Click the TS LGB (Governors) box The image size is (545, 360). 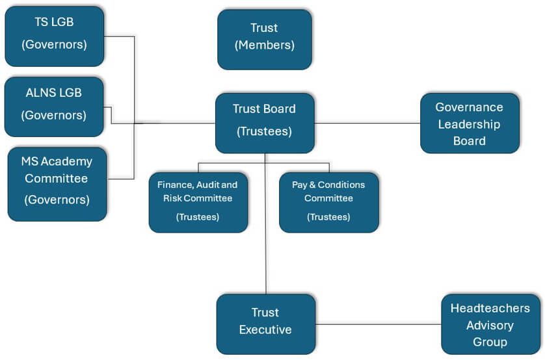[54, 36]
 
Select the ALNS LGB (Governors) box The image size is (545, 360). [54, 107]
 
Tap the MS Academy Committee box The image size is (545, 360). [57, 184]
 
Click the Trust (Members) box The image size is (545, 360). [264, 39]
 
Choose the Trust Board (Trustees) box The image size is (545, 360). [265, 123]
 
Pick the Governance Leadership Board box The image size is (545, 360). [470, 123]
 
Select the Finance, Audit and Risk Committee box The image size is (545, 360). [198, 203]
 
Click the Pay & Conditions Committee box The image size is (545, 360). [328, 203]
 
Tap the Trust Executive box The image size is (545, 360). [265, 323]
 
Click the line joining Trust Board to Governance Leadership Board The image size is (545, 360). [367, 123]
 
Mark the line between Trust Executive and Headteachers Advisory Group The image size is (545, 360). [377, 324]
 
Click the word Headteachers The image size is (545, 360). [490, 308]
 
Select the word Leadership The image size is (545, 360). [469, 124]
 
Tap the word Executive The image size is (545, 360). [265, 330]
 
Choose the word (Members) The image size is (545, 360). [264, 45]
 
